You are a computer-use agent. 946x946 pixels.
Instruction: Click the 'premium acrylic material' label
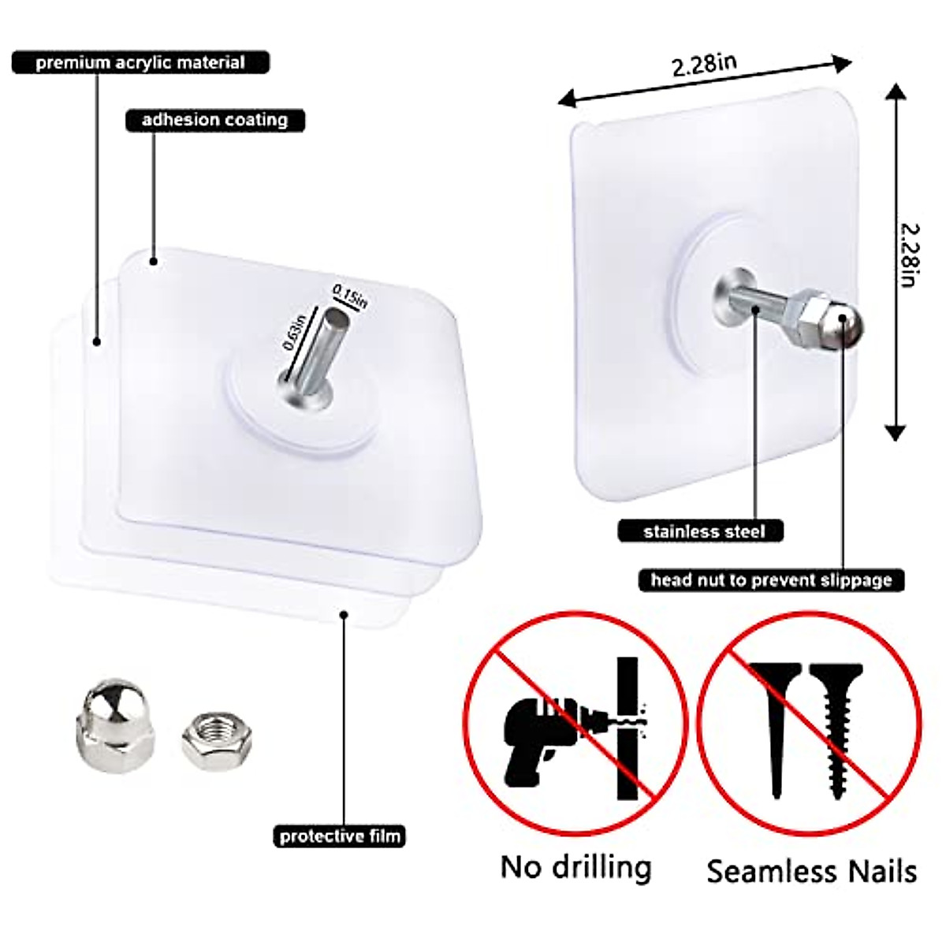click(x=140, y=63)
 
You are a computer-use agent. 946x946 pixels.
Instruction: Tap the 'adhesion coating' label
click(x=214, y=120)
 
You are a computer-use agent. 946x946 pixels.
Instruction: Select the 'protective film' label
click(x=341, y=836)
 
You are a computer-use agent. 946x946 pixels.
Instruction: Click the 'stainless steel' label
click(x=703, y=531)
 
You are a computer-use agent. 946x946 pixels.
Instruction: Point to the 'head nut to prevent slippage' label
click(x=771, y=580)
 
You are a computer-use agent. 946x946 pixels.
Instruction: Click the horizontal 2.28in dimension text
click(x=705, y=64)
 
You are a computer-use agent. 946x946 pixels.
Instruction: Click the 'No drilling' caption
click(x=576, y=867)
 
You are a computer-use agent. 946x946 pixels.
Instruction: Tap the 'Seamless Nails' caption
click(x=811, y=871)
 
